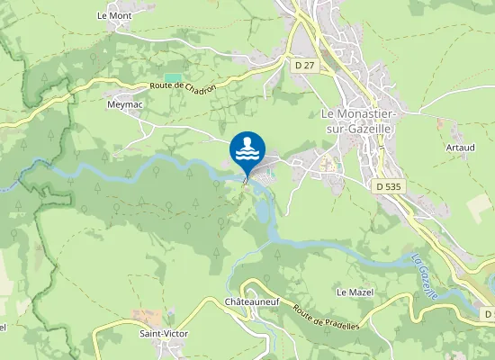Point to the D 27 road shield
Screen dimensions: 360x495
pyautogui.click(x=304, y=65)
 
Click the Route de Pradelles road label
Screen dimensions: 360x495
pyautogui.click(x=325, y=316)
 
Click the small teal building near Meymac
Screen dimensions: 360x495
pyautogui.click(x=171, y=78)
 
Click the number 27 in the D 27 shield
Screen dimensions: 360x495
pyautogui.click(x=309, y=65)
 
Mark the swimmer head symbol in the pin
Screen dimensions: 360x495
pyautogui.click(x=247, y=143)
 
